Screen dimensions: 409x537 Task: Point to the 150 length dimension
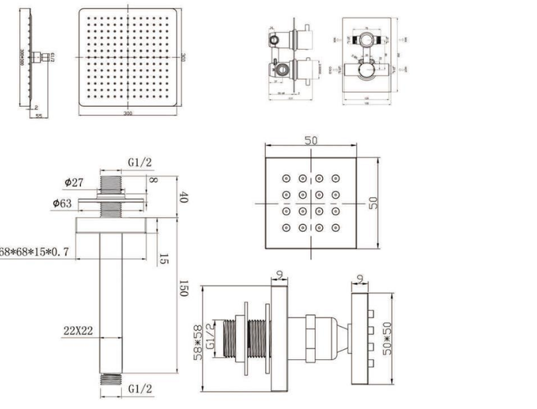tap(184, 288)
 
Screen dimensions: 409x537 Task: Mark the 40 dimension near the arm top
tap(184, 197)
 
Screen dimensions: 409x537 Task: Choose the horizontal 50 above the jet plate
tap(312, 141)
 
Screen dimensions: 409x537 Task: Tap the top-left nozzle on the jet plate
tap(286, 179)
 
